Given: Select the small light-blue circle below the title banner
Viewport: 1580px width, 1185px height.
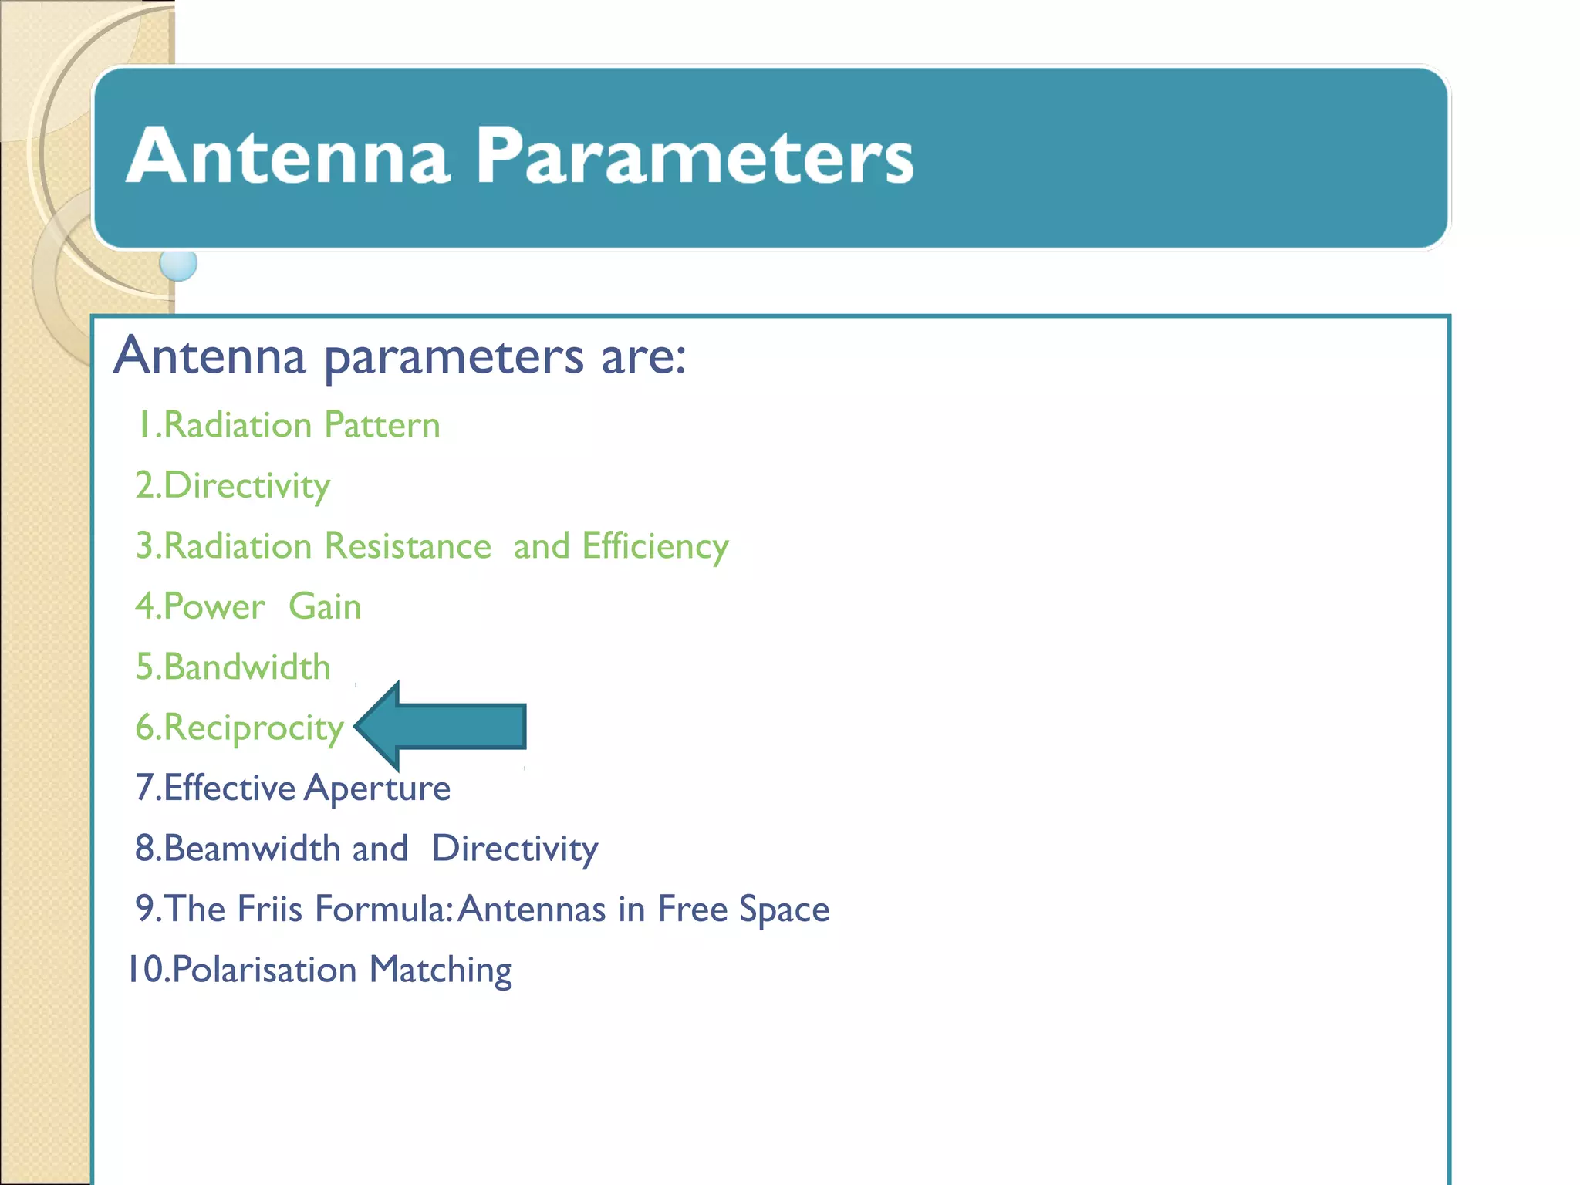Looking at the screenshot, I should pyautogui.click(x=178, y=264).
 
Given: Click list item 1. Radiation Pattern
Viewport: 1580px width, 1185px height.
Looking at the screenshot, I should pyautogui.click(x=288, y=425).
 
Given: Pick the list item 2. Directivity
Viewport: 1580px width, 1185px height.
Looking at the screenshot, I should pyautogui.click(x=233, y=486).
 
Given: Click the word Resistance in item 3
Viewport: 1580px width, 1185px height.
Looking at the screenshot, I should pyautogui.click(x=407, y=546).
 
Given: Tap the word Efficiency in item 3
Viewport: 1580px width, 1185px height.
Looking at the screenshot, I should pyautogui.click(x=655, y=546).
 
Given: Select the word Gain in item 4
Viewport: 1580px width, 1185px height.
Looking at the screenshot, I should pyautogui.click(x=325, y=606).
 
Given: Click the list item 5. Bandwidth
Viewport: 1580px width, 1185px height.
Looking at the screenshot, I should pyautogui.click(x=233, y=667).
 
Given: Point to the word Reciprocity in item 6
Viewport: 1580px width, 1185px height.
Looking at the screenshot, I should pyautogui.click(x=253, y=728).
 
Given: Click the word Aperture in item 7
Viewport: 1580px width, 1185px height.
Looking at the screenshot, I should pyautogui.click(x=377, y=788).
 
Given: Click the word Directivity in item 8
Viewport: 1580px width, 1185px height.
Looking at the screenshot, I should pyautogui.click(x=515, y=849).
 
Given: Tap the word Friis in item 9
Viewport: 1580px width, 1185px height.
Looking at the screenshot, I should pyautogui.click(x=269, y=909).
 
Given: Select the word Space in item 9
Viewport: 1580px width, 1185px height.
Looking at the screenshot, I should pyautogui.click(x=784, y=909).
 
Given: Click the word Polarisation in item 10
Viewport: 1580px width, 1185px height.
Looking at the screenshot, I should pyautogui.click(x=264, y=970).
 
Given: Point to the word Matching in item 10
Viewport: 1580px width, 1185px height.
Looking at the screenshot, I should pyautogui.click(x=441, y=970).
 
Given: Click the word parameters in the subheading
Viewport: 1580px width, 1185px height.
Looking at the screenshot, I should pyautogui.click(x=454, y=356).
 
